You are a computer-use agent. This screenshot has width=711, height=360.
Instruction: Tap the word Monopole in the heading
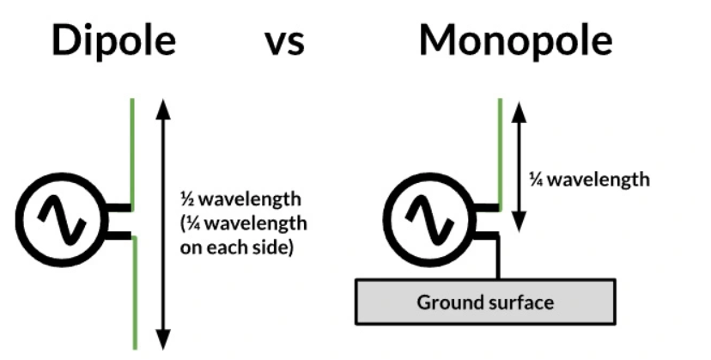point(515,40)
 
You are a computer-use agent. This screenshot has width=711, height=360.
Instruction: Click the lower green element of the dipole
point(134,292)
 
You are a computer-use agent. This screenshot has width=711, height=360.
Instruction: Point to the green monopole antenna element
point(500,150)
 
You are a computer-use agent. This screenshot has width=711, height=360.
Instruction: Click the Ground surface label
point(485,302)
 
